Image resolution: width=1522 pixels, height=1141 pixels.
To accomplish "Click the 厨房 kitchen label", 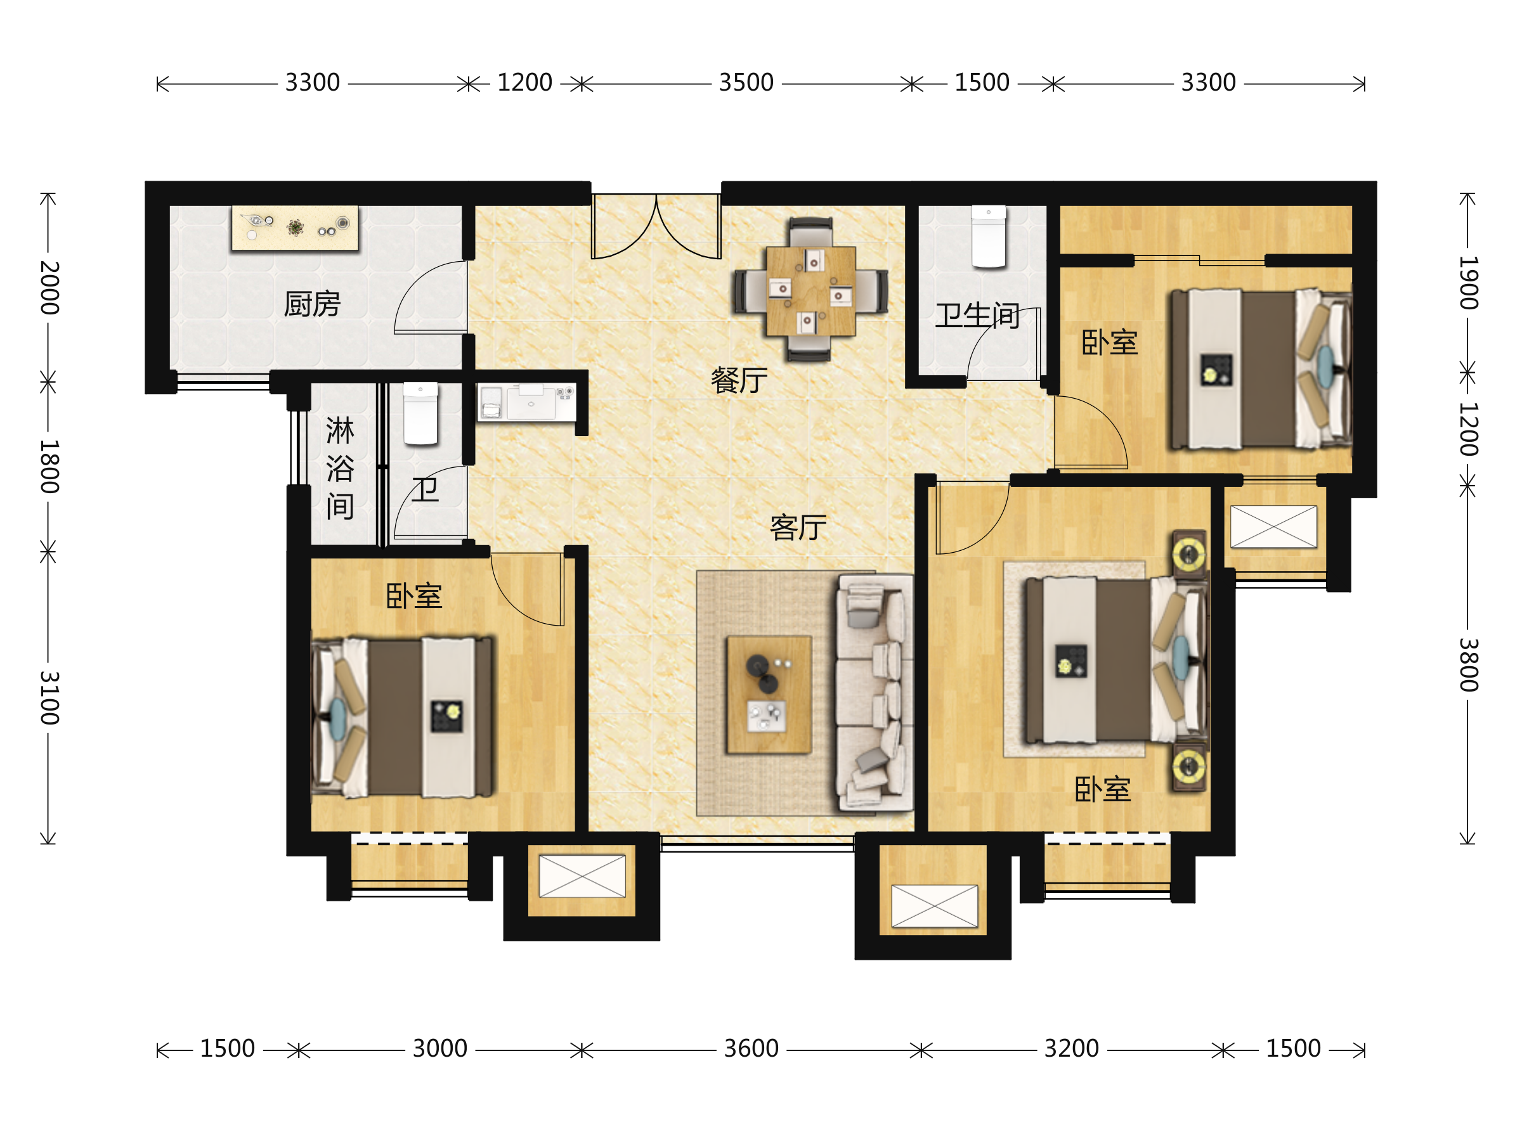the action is pos(313,304).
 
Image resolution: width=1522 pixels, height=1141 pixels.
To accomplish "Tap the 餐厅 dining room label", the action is pos(739,380).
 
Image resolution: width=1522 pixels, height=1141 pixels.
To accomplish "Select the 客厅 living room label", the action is pos(798,527).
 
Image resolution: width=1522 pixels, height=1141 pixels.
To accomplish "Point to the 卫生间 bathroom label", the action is pos(977,316).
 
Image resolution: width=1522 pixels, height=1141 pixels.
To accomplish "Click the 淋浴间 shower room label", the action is pos(340,468).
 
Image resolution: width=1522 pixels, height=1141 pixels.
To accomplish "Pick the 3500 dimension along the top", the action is pos(746,83).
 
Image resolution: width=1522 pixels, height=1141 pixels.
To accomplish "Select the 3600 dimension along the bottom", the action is pos(751,1049).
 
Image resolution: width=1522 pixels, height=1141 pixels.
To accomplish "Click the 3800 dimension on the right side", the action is pos(1468,665).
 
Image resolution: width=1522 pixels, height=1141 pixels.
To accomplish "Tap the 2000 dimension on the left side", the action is pos(49,288).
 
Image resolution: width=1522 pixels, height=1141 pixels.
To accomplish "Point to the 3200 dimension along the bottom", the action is pos(1071,1049).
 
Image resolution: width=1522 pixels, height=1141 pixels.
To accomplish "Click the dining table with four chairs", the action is pos(810,290).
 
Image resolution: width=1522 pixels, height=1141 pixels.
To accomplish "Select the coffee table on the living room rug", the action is pos(769,695).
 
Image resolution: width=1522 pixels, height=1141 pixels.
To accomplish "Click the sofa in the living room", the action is pos(875,693).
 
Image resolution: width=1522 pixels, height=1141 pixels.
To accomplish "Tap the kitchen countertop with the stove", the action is pos(295,228).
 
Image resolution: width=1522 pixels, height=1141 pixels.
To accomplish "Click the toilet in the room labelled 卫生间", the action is pos(989,236).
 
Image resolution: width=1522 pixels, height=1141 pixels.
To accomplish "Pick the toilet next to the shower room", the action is pos(420,414).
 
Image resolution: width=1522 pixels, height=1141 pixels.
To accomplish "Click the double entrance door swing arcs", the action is pos(656,226).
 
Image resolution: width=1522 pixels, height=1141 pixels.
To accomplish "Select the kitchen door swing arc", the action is pos(431,297).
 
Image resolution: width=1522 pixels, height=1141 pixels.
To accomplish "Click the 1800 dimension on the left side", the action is pos(49,467).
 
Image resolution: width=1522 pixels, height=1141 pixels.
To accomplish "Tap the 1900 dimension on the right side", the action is pos(1468,283).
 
